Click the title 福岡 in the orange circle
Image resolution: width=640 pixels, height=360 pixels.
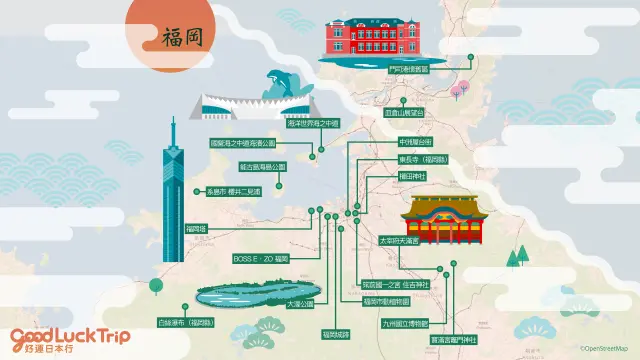tap(181, 37)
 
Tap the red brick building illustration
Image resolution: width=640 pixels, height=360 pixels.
tap(361, 39)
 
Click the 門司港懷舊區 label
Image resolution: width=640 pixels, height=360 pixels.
tap(408, 69)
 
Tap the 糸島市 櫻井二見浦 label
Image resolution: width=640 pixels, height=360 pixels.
tap(233, 190)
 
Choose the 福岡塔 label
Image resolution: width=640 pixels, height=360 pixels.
tap(196, 229)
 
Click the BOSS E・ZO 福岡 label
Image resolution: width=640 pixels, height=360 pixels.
tap(260, 258)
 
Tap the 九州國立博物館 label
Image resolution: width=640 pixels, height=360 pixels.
tap(404, 324)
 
